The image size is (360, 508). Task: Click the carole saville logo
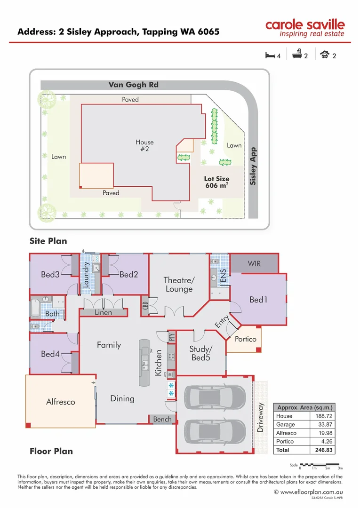click(x=304, y=28)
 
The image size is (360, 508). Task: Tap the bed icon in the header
click(x=270, y=56)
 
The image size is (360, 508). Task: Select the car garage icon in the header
click(x=324, y=56)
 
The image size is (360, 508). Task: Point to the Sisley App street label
click(x=253, y=166)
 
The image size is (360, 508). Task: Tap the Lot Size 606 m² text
click(x=216, y=182)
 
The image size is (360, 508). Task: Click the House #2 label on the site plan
click(x=144, y=145)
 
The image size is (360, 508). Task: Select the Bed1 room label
click(x=258, y=299)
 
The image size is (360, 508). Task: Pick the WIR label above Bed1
click(x=254, y=264)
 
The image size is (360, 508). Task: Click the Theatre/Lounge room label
click(x=179, y=284)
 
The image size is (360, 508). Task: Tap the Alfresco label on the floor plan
click(x=60, y=402)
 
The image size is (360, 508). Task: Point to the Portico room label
click(x=245, y=339)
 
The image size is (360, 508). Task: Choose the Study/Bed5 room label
click(x=201, y=353)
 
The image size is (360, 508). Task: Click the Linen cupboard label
click(x=103, y=312)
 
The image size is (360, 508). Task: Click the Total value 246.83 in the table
click(x=323, y=450)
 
